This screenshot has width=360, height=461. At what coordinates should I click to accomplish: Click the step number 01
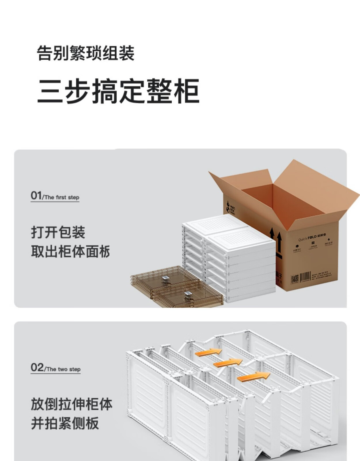(36, 196)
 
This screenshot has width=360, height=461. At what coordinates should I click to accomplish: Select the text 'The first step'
(62, 197)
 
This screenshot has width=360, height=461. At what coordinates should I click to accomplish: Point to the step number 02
(37, 367)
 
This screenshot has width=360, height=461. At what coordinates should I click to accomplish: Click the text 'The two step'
(63, 369)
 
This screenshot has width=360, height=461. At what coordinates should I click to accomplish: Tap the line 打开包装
(58, 232)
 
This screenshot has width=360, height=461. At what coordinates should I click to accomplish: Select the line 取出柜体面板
(70, 252)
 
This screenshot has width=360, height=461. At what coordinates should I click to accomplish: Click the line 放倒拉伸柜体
(71, 404)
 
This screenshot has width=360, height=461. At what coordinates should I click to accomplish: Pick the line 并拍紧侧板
(65, 423)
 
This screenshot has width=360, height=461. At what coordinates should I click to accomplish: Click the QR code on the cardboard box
(295, 279)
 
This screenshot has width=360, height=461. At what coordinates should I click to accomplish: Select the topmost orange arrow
(208, 352)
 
